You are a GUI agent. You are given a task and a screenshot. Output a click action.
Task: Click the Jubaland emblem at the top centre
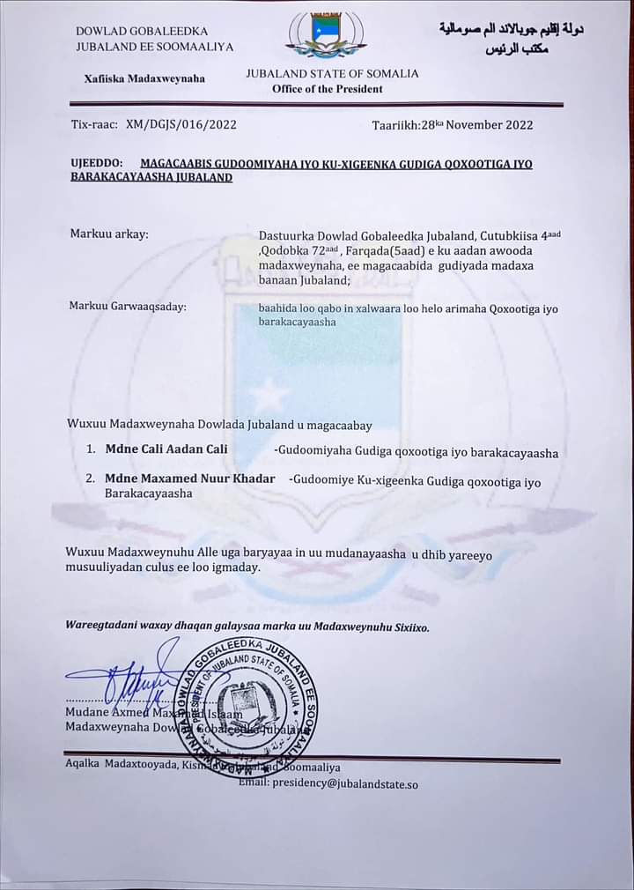326,36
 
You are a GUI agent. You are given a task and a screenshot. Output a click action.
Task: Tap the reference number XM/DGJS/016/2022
181,125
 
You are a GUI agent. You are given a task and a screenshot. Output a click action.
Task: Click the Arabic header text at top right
511,38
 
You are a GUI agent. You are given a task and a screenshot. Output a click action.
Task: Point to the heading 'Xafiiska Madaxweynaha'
144,78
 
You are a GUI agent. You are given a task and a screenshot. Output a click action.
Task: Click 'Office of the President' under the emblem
328,89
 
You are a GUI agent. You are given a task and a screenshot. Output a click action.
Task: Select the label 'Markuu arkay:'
109,234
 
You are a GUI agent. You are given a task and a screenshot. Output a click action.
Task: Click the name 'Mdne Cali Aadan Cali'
166,449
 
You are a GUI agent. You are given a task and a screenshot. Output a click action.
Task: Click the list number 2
90,481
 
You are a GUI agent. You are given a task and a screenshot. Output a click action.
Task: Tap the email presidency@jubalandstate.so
344,782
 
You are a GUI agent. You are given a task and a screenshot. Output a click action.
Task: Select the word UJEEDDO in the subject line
97,164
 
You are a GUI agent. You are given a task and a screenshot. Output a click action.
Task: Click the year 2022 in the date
518,125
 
